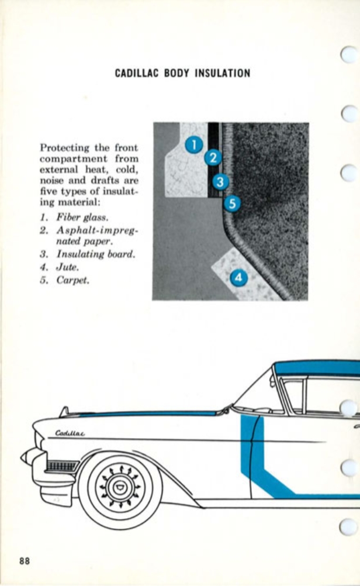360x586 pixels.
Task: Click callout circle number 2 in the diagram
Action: (x=213, y=157)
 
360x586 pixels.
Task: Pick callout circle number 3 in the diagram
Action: (x=219, y=181)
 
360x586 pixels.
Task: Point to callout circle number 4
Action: (x=237, y=277)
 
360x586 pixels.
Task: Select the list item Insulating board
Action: (x=96, y=254)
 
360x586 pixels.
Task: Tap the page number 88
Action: (x=24, y=561)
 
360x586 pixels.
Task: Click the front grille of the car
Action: (x=59, y=466)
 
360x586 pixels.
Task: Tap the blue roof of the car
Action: (x=319, y=368)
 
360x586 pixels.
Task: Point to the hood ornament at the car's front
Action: (x=64, y=412)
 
